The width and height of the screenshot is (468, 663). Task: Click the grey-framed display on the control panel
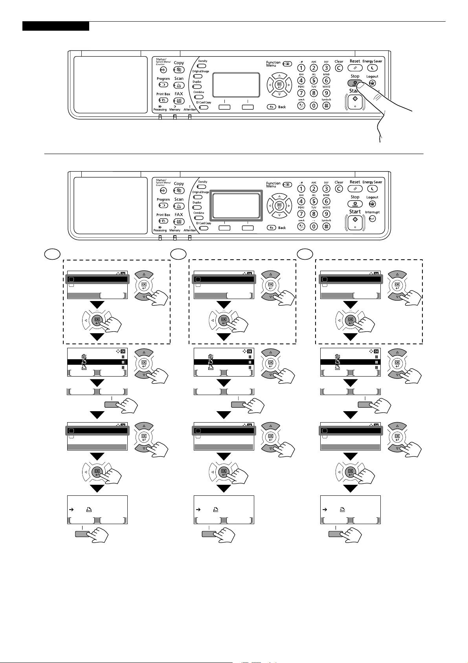click(236, 205)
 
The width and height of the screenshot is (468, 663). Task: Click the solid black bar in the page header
click(55, 26)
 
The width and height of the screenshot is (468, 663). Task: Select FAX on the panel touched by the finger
click(179, 101)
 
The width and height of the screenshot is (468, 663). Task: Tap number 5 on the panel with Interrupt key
click(314, 201)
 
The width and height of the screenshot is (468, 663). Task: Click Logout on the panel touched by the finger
click(372, 83)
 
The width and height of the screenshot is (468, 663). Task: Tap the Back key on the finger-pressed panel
click(272, 107)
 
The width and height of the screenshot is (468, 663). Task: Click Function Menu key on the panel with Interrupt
click(288, 184)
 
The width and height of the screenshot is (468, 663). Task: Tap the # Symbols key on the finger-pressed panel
click(326, 105)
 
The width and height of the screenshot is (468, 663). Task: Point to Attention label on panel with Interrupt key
click(190, 231)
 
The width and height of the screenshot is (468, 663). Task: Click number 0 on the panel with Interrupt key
click(314, 226)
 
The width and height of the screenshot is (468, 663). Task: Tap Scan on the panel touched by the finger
click(179, 85)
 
